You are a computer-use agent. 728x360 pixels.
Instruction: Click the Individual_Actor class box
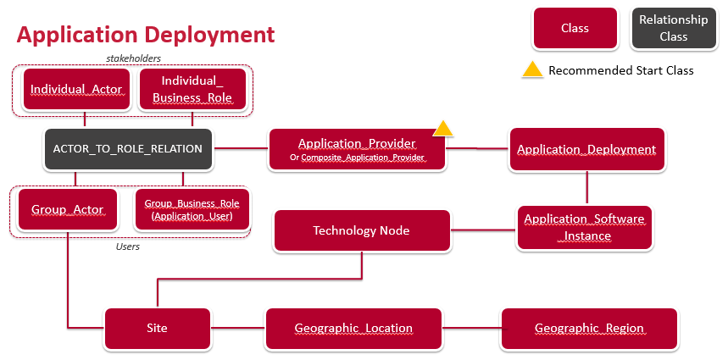(x=76, y=89)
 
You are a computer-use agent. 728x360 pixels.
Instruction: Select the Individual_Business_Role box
(x=192, y=89)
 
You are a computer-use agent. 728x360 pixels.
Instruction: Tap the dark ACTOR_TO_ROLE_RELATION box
(x=128, y=149)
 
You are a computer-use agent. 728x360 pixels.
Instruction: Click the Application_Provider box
(x=358, y=149)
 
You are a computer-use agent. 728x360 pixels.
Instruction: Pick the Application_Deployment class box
(x=587, y=149)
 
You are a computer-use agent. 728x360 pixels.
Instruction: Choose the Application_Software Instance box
(x=585, y=227)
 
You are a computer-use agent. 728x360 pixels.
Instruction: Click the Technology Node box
(x=362, y=230)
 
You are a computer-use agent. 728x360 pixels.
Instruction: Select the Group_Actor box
(x=68, y=209)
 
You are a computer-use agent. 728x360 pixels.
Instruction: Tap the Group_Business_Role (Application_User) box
(x=192, y=209)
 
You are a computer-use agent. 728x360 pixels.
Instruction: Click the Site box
(x=158, y=329)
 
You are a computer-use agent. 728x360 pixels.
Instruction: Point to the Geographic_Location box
(x=353, y=329)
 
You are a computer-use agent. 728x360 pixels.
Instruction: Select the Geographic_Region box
(x=589, y=329)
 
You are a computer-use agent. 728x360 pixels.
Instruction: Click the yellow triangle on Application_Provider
(x=443, y=129)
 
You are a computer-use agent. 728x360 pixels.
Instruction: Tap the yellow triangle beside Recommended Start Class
(x=532, y=69)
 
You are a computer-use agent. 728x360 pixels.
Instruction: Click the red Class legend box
(x=575, y=28)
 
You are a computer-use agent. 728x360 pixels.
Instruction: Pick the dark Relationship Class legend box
(x=673, y=28)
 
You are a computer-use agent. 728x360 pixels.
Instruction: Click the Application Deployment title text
(x=146, y=36)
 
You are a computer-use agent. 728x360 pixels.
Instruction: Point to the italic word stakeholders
(x=133, y=58)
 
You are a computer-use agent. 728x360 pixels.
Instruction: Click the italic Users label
(x=128, y=246)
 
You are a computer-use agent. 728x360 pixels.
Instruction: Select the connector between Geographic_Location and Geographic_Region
(x=472, y=329)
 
